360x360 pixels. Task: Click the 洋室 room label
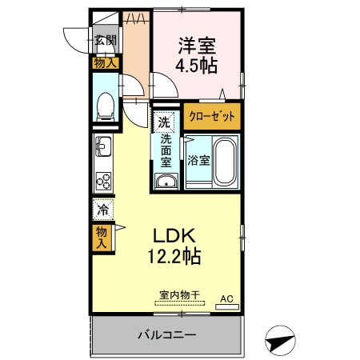click(197, 46)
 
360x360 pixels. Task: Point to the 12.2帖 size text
click(174, 256)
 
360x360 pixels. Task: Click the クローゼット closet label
click(212, 116)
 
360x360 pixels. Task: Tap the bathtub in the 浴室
click(225, 162)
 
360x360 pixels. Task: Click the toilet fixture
click(106, 106)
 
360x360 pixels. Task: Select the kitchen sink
click(103, 146)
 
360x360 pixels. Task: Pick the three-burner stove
click(103, 182)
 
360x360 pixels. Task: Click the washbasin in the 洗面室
click(166, 182)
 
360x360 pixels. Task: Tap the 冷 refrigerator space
click(103, 210)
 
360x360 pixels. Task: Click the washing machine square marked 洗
click(164, 122)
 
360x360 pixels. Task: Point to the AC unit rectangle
click(227, 306)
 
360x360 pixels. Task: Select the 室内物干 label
click(179, 295)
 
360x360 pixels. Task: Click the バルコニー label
click(167, 334)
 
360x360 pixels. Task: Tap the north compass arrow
click(280, 341)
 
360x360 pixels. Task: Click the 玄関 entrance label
click(106, 40)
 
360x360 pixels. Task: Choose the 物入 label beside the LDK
click(102, 237)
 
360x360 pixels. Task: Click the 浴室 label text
click(198, 160)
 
